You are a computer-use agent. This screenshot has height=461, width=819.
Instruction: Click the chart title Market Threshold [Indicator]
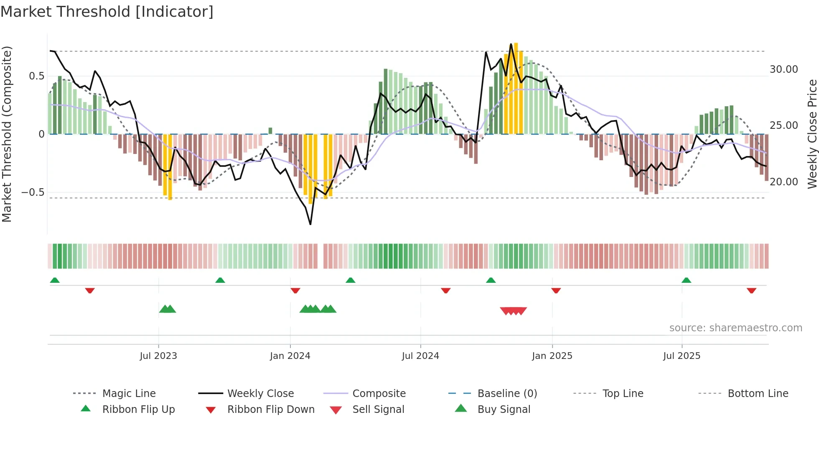pyautogui.click(x=107, y=12)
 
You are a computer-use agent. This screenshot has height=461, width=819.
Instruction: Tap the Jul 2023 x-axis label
pyautogui.click(x=158, y=356)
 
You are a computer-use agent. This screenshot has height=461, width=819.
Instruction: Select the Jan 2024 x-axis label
pyautogui.click(x=290, y=356)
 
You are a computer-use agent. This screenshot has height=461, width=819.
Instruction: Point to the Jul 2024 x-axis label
pyautogui.click(x=420, y=356)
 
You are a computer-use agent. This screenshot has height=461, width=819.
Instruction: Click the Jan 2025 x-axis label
pyautogui.click(x=552, y=356)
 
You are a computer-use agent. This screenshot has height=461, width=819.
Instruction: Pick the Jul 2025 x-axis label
pyautogui.click(x=682, y=356)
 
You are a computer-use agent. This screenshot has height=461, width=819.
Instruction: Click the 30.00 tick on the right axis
pyautogui.click(x=783, y=69)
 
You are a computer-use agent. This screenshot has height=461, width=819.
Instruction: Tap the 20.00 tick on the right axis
pyautogui.click(x=783, y=182)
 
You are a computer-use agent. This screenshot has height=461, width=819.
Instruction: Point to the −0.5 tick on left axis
pyautogui.click(x=33, y=192)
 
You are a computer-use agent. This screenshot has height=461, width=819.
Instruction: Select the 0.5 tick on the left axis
pyautogui.click(x=36, y=76)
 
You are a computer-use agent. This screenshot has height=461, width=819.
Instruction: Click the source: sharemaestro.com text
pyautogui.click(x=735, y=328)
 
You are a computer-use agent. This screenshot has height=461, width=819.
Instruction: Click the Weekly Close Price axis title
pyautogui.click(x=812, y=134)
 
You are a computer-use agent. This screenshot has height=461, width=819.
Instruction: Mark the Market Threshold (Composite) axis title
pyautogui.click(x=7, y=134)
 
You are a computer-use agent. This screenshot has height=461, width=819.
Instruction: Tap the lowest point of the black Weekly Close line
pyautogui.click(x=310, y=224)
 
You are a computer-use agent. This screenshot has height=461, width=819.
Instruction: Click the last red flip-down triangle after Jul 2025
pyautogui.click(x=751, y=290)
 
